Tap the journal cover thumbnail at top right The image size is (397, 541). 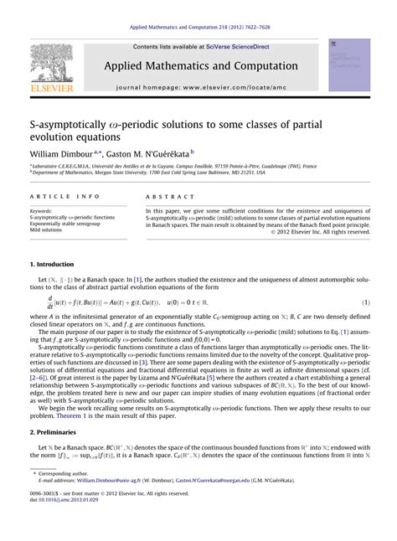[349, 64]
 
